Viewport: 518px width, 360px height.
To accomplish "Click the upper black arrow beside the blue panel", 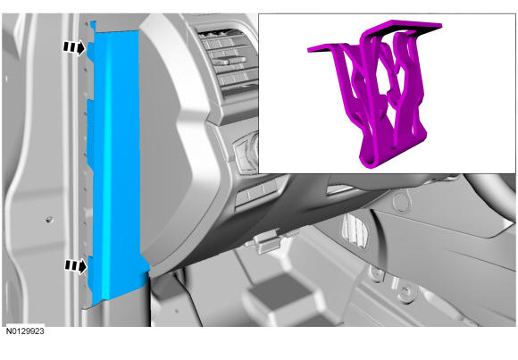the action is pos(74,48).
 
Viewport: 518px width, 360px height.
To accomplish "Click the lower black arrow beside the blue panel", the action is pos(76,266).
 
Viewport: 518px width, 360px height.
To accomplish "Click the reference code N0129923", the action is pos(25,331).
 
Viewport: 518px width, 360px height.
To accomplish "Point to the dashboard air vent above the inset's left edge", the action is pos(228,63).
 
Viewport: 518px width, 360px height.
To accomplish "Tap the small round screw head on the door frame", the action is pos(49,219).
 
